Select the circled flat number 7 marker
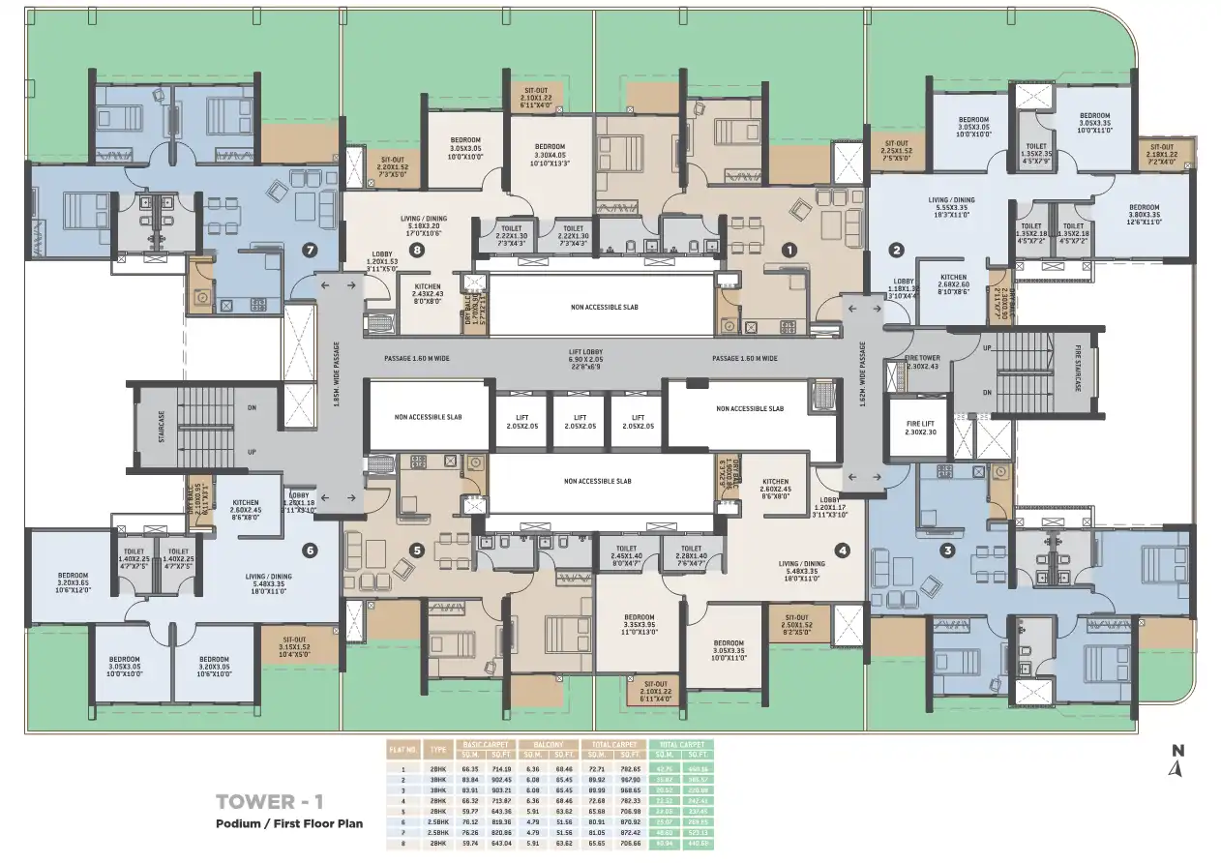coord(310,250)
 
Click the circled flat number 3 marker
coord(948,551)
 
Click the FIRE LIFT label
coord(920,427)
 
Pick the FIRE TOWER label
coord(921,361)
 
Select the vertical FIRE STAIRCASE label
coord(1079,369)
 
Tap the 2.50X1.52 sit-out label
coord(796,622)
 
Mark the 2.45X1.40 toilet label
coord(626,553)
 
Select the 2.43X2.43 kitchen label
coord(428,293)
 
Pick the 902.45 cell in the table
coord(500,779)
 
